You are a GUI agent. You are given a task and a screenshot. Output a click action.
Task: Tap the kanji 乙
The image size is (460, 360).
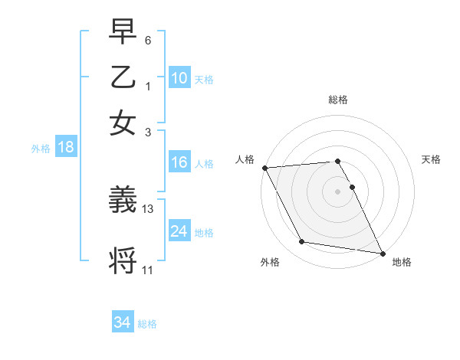123,77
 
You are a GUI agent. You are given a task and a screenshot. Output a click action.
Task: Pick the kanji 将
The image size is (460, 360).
123,259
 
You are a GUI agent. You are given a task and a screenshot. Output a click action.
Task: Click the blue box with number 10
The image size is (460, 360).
179,78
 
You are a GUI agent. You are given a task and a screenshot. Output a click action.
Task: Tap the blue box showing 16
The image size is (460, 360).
179,162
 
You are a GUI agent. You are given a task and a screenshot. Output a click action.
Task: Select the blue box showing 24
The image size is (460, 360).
179,231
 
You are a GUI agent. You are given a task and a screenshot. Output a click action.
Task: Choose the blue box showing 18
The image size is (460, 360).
66,148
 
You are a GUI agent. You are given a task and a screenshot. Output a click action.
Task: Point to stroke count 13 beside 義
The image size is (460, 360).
148,209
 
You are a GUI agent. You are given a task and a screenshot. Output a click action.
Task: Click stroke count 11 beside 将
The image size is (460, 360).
148,270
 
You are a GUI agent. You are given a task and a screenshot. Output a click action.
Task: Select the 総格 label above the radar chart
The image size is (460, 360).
338,100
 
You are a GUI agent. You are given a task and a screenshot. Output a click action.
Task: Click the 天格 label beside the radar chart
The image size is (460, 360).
431,159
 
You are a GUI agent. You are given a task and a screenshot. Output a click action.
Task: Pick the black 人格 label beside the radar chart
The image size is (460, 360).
245,159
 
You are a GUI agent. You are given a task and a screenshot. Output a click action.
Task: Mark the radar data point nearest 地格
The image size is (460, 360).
382,252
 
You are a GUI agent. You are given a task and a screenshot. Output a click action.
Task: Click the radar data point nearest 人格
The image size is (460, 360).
264,168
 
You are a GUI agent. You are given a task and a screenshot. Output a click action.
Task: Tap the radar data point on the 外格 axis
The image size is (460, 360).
302,242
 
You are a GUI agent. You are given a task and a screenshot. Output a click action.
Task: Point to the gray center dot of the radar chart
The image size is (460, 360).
338,191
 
